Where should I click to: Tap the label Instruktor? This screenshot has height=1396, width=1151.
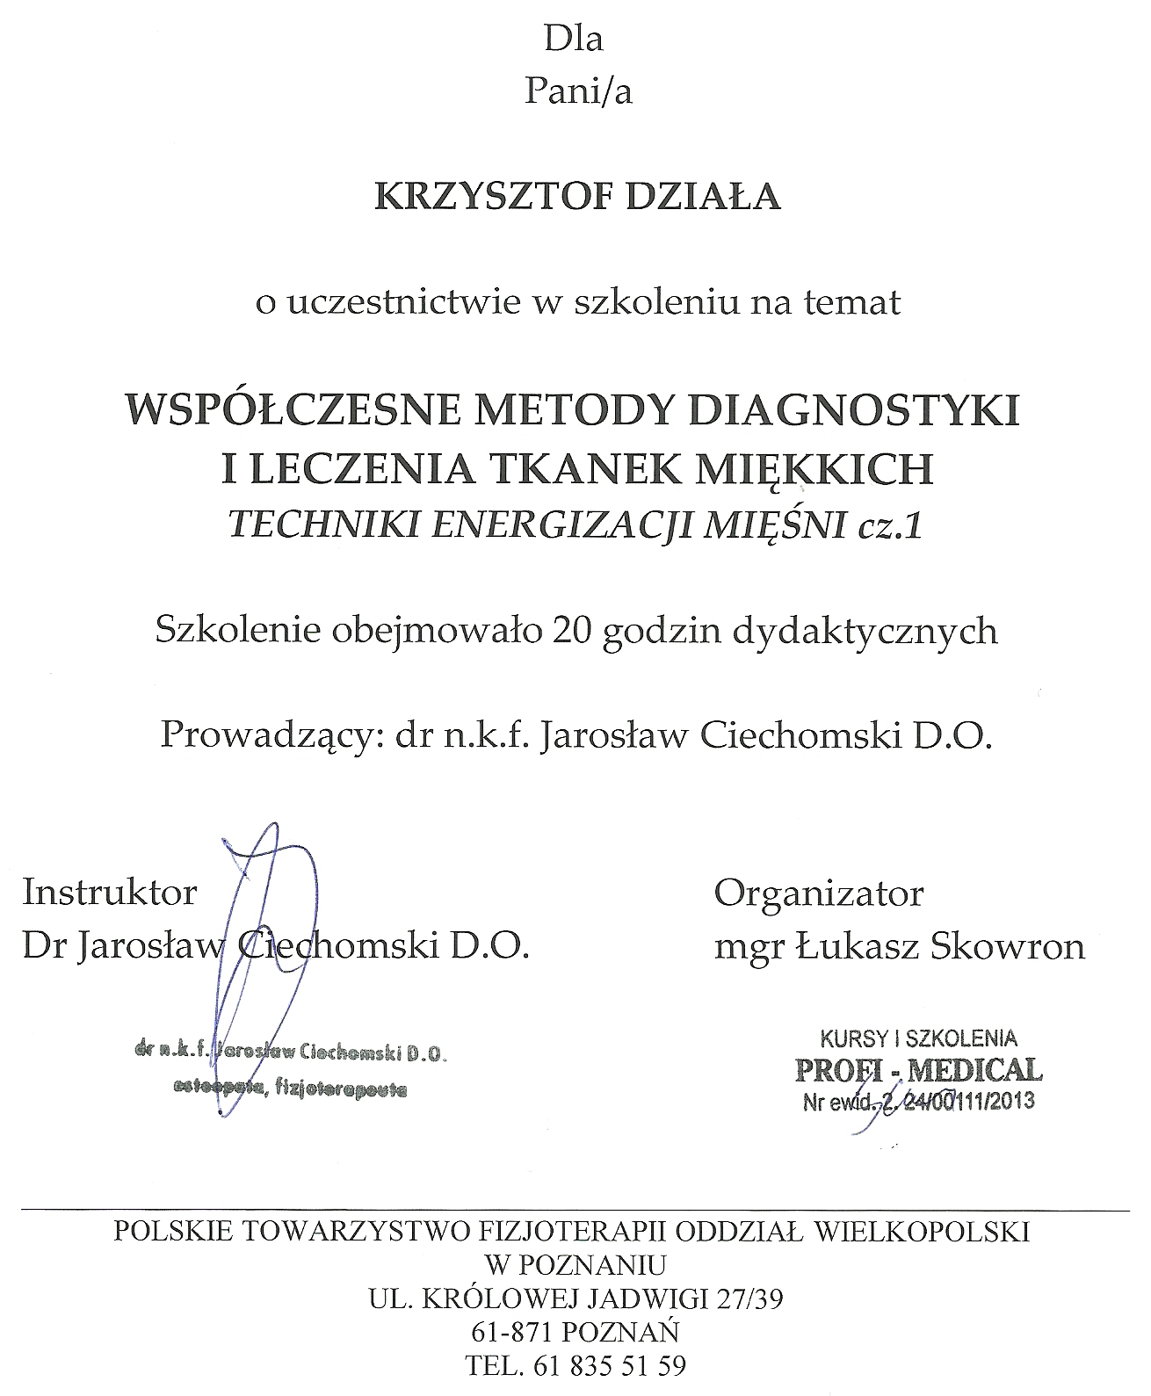(110, 893)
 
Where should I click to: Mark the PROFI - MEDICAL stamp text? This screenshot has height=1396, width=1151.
(919, 1069)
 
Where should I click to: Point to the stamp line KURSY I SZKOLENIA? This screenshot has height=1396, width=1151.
(918, 1038)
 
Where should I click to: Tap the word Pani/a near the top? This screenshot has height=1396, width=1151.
(577, 91)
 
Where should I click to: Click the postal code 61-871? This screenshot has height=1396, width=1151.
(510, 1334)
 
